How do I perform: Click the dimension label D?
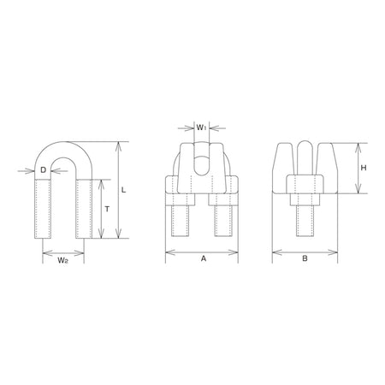point(43,170)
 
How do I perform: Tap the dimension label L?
point(123,190)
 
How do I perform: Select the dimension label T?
point(107,209)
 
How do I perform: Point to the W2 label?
point(63,260)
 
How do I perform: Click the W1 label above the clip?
point(201,127)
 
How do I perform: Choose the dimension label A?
point(204,258)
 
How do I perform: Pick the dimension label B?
point(305,258)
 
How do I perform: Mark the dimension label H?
point(364,168)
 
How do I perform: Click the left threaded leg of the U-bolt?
point(43,209)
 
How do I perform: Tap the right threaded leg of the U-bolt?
point(84,209)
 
